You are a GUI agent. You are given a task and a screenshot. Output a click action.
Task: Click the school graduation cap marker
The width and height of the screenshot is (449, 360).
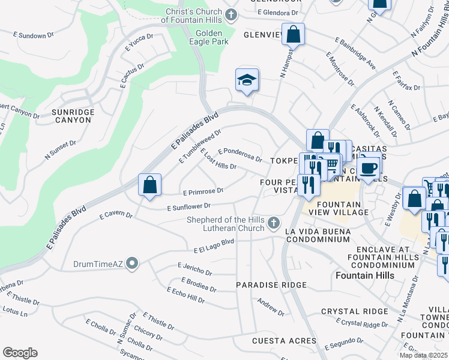(247, 80)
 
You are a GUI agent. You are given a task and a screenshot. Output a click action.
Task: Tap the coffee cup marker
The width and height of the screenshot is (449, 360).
(367, 167)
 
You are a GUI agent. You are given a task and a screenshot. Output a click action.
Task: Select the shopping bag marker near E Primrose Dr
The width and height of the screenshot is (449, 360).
(149, 185)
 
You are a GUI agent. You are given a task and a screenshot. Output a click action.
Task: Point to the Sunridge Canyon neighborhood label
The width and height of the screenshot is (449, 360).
(71, 116)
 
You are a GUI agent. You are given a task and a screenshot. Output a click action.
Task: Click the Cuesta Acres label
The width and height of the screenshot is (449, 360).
(276, 341)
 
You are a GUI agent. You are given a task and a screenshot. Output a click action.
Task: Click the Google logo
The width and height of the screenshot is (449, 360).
(20, 352)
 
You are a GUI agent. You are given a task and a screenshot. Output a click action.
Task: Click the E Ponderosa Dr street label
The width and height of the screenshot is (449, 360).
(240, 155)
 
